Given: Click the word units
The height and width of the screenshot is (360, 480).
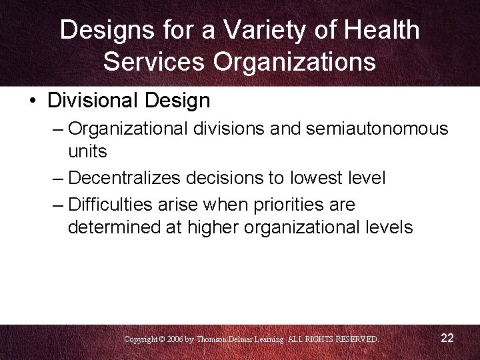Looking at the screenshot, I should (87, 151).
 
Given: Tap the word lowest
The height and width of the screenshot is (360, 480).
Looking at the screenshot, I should (314, 178).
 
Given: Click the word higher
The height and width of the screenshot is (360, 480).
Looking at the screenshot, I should (215, 227).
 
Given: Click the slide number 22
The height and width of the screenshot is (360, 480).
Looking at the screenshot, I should (447, 338).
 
